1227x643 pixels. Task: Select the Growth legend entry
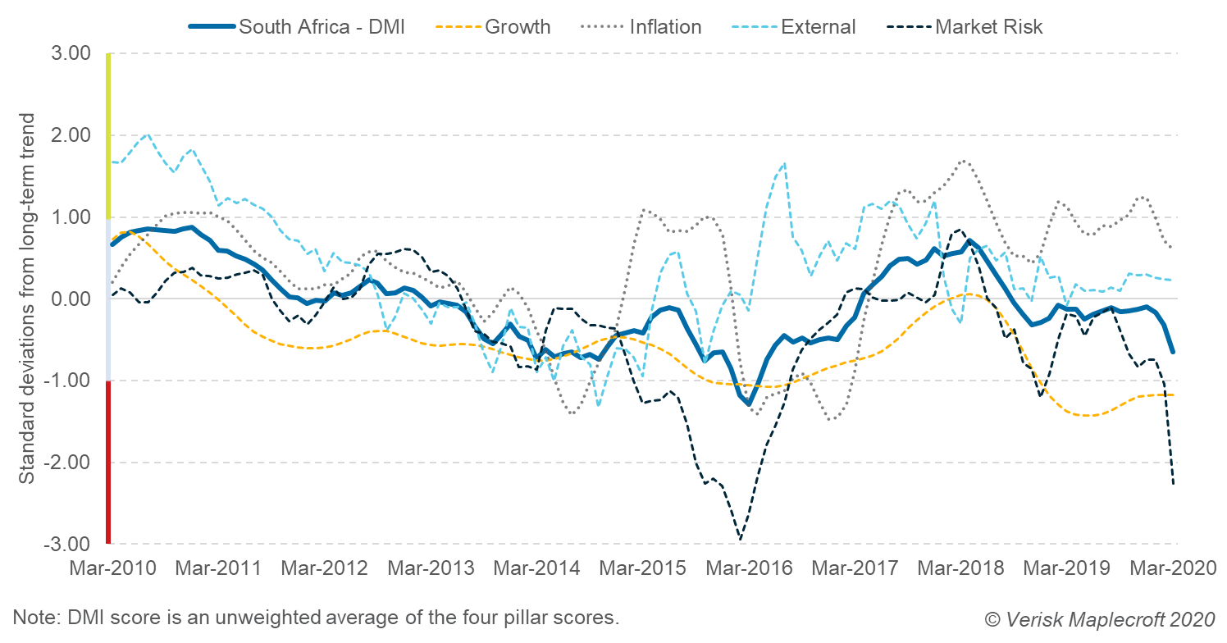[518, 27]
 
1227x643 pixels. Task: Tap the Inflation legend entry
[665, 27]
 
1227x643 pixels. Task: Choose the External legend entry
[818, 27]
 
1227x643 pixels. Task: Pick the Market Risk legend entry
[989, 27]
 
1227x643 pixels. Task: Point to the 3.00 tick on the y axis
[72, 54]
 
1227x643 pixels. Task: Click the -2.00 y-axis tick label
[69, 463]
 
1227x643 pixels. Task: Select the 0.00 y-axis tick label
[72, 299]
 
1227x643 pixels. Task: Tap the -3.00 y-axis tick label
[69, 545]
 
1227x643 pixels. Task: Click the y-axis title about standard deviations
[27, 299]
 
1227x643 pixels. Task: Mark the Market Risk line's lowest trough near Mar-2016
[740, 539]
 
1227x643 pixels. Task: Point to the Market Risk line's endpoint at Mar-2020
[1174, 484]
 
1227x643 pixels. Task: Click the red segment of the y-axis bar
[108, 462]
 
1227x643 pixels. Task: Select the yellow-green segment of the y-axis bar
[108, 135]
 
